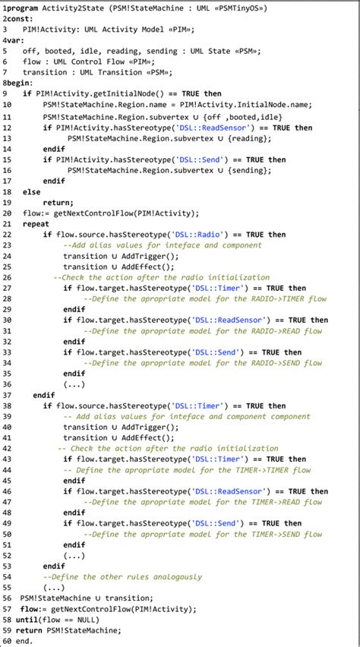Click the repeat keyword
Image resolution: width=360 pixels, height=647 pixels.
36,224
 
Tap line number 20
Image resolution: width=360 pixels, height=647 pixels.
7,213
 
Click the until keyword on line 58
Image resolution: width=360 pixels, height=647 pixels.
27,620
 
